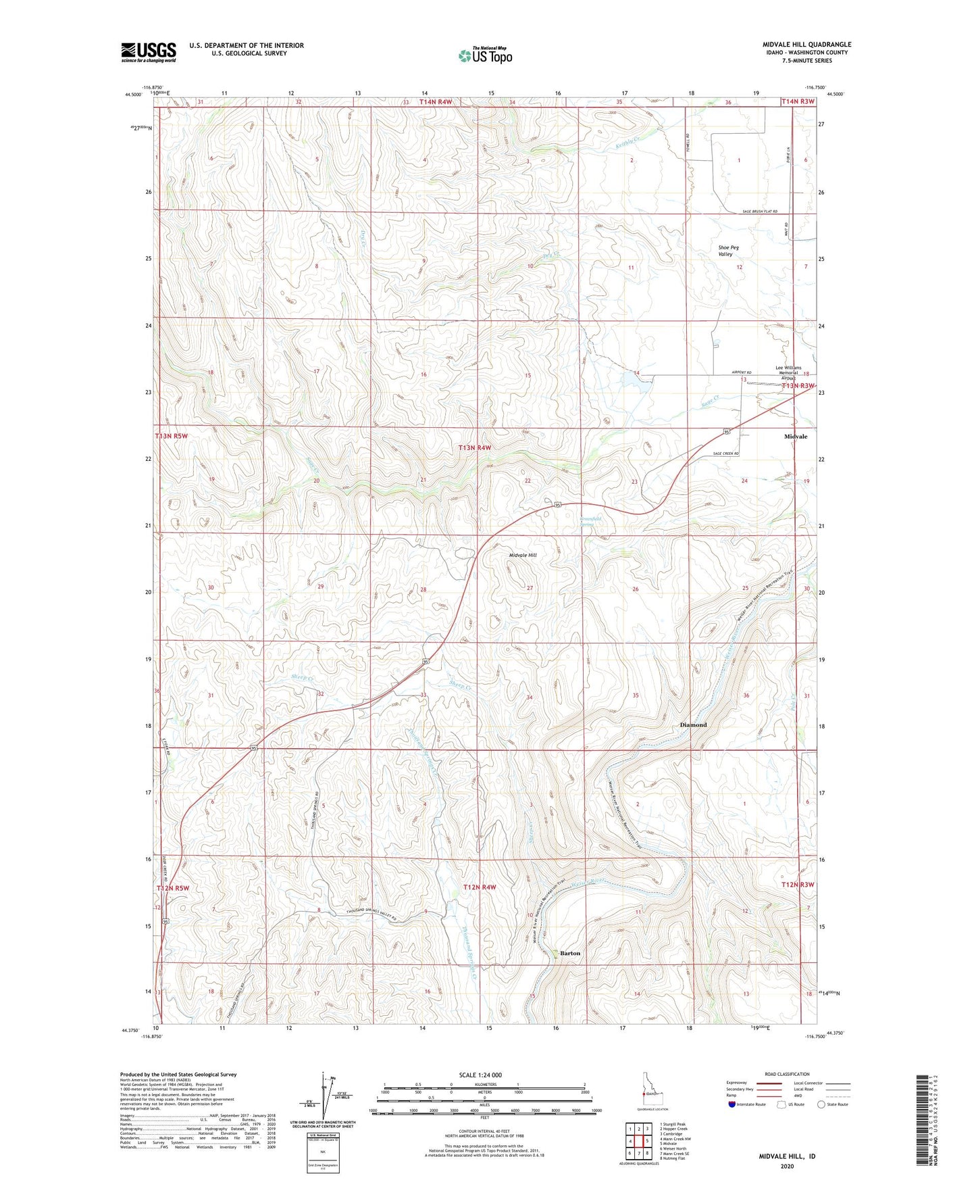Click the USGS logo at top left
[148, 52]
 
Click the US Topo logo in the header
[484, 55]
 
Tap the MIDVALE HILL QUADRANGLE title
[806, 45]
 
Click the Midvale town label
[795, 437]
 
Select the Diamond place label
[693, 724]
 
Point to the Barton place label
[570, 953]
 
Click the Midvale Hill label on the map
[522, 555]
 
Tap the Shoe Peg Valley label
[728, 251]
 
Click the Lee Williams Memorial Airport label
[788, 372]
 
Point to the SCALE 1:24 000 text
[480, 1075]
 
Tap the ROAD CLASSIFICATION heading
[787, 1074]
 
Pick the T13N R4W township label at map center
[475, 447]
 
